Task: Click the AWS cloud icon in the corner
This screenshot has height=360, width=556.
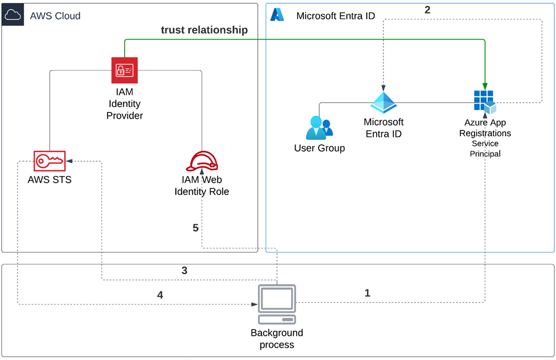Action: pos(12,15)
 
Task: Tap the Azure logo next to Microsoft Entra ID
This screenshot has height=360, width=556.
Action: pos(277,15)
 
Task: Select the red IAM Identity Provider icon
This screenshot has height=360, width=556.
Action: pos(124,70)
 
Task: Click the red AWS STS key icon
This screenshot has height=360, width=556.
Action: pos(49,160)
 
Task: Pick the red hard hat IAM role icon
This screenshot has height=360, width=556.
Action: pos(201,161)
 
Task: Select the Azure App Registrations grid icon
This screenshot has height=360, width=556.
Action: pos(485,102)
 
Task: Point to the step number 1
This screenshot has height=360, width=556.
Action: pos(367,293)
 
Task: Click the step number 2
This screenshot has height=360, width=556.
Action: pos(427,10)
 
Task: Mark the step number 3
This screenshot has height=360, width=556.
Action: pos(184,271)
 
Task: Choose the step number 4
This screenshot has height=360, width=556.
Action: pos(159,295)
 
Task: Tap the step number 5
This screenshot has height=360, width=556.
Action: pos(196,228)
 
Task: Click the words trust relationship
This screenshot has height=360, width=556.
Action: pos(204,30)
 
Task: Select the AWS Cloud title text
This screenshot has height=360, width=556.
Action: pos(55,16)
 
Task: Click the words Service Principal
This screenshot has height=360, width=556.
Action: pos(485,148)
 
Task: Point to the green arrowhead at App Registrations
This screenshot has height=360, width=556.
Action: pos(485,86)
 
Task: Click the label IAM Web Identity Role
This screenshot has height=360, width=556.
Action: pos(201,186)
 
